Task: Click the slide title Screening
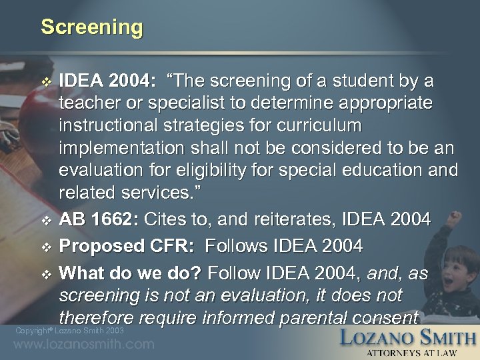[x=92, y=27]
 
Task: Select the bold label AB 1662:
[x=96, y=219]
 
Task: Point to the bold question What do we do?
[x=131, y=273]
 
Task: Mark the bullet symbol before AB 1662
[x=45, y=219]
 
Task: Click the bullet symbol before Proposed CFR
[x=45, y=247]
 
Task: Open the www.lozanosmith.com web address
[x=83, y=345]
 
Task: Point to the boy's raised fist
[x=455, y=218]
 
